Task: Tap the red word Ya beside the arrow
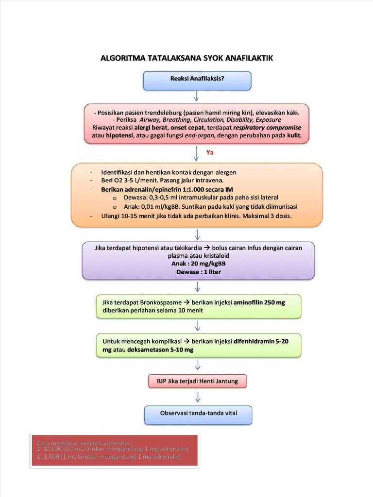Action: tap(210, 152)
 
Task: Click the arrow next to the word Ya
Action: tap(196, 152)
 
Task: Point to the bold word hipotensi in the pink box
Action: tap(121, 136)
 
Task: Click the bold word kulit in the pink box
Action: tap(294, 136)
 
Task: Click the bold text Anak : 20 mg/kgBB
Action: tap(198, 264)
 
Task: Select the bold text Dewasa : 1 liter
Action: tap(198, 272)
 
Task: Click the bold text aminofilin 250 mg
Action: tap(259, 302)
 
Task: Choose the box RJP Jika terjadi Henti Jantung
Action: tap(197, 381)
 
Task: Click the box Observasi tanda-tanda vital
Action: tap(198, 414)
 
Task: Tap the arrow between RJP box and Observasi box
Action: tap(198, 397)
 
